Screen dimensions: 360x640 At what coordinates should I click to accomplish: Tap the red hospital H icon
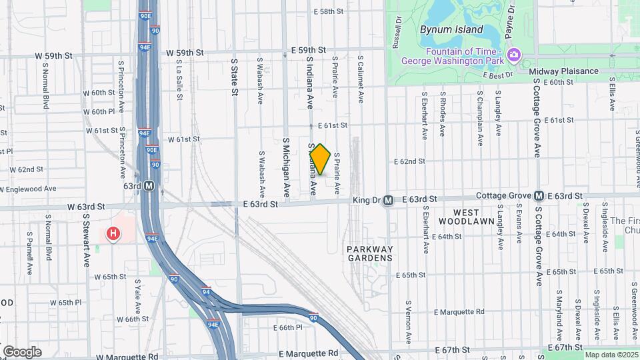pos(114,233)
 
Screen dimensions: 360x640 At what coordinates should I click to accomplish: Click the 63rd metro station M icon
pos(149,186)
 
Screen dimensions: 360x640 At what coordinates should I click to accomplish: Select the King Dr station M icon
pos(387,199)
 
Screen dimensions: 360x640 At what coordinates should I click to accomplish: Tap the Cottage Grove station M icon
pos(538,195)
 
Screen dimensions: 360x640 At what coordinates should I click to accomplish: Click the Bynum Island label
pos(451,29)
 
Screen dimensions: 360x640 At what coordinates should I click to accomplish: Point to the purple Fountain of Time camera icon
pos(513,54)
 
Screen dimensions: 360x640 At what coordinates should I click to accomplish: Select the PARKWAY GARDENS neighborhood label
pos(370,253)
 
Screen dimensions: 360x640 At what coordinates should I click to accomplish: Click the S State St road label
pos(235,77)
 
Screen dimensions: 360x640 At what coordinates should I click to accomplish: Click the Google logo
pos(22,351)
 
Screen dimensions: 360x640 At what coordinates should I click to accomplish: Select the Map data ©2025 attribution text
pos(611,355)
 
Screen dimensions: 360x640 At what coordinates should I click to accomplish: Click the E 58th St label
pos(331,12)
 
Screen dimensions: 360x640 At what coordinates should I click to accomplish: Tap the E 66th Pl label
pos(287,327)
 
